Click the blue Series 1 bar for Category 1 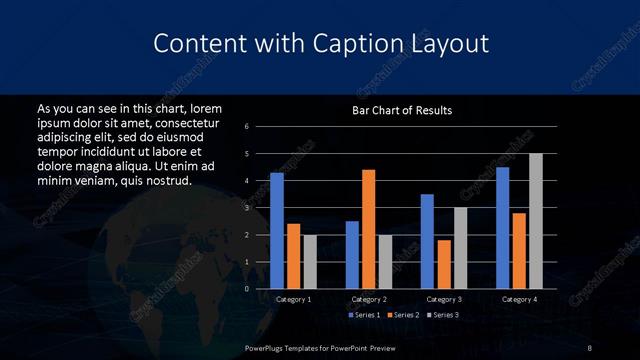pos(277,231)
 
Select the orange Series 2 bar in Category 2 pos(368,229)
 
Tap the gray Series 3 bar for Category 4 pos(536,221)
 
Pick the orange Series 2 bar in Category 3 pos(443,264)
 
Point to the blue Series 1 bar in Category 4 pos(502,228)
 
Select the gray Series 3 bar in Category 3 pos(460,248)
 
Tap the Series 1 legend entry pos(365,315)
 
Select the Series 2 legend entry pos(402,315)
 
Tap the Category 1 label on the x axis pos(293,299)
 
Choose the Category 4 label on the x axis pos(519,299)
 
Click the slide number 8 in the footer pos(590,347)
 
